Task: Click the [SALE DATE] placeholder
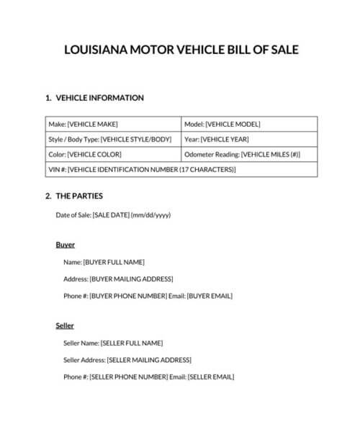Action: [111, 215]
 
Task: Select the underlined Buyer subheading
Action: [65, 245]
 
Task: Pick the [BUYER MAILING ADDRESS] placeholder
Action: [131, 279]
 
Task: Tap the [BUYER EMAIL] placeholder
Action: [210, 296]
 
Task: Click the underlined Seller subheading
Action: [65, 325]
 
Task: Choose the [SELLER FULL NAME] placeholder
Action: [132, 343]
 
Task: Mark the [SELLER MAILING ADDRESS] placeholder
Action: [149, 360]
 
